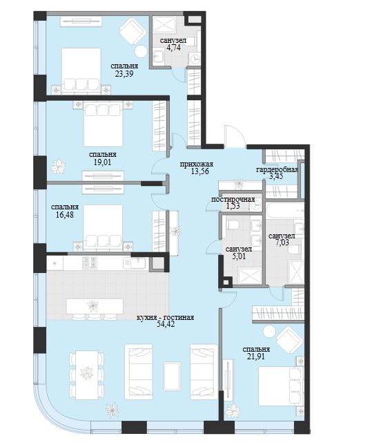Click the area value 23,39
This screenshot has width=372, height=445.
[124, 74]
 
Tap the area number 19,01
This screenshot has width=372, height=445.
[102, 162]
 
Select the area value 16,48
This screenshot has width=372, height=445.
[65, 215]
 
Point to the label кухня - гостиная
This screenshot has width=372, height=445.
[166, 317]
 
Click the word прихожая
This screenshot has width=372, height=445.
[197, 164]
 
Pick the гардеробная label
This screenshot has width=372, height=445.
[277, 170]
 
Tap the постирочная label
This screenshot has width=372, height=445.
[233, 199]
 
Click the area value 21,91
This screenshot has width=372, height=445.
[256, 357]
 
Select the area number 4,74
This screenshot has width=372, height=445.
[173, 48]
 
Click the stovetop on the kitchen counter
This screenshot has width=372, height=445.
[89, 263]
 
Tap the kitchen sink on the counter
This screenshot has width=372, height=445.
[135, 263]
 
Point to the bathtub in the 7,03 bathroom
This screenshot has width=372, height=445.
[284, 210]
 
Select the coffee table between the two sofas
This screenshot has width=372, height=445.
[172, 377]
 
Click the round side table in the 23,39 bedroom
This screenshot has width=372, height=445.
[141, 51]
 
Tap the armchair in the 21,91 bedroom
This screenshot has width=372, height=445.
[289, 339]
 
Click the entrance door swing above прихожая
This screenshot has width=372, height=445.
[235, 135]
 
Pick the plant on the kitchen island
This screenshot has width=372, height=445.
[92, 305]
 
